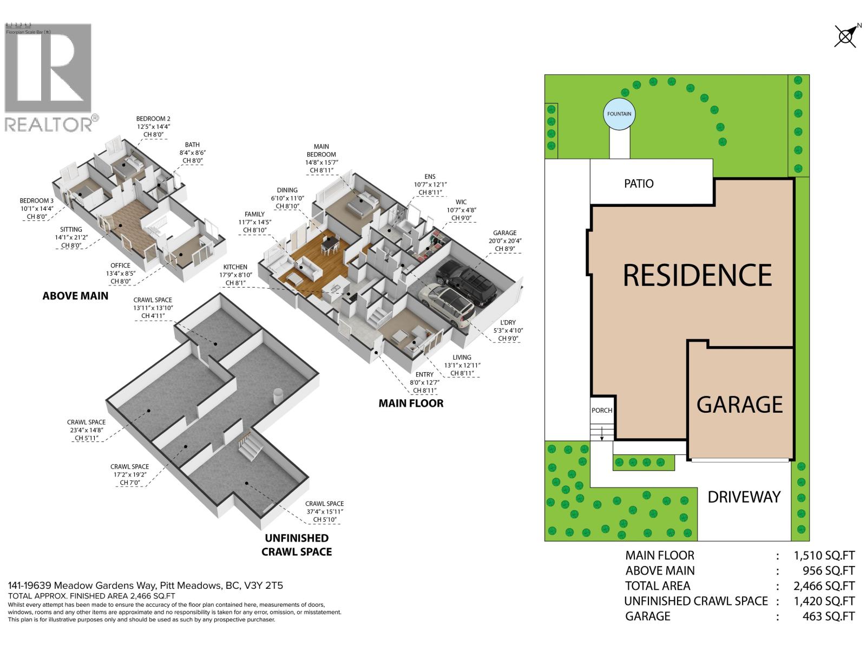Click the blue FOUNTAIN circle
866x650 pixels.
click(x=619, y=114)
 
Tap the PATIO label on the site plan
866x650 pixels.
click(x=639, y=184)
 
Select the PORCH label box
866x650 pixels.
click(x=602, y=410)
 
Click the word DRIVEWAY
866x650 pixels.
click(x=744, y=497)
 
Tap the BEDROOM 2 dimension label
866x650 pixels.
click(x=153, y=126)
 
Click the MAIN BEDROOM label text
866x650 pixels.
click(x=321, y=154)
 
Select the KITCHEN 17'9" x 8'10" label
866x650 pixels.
click(x=235, y=275)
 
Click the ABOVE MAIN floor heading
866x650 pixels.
click(x=75, y=296)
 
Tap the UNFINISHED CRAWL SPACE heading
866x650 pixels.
click(x=297, y=544)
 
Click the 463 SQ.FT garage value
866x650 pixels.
click(x=829, y=616)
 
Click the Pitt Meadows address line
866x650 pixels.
click(x=145, y=586)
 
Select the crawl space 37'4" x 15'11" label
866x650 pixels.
click(x=324, y=511)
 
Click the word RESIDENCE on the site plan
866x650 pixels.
click(x=697, y=275)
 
